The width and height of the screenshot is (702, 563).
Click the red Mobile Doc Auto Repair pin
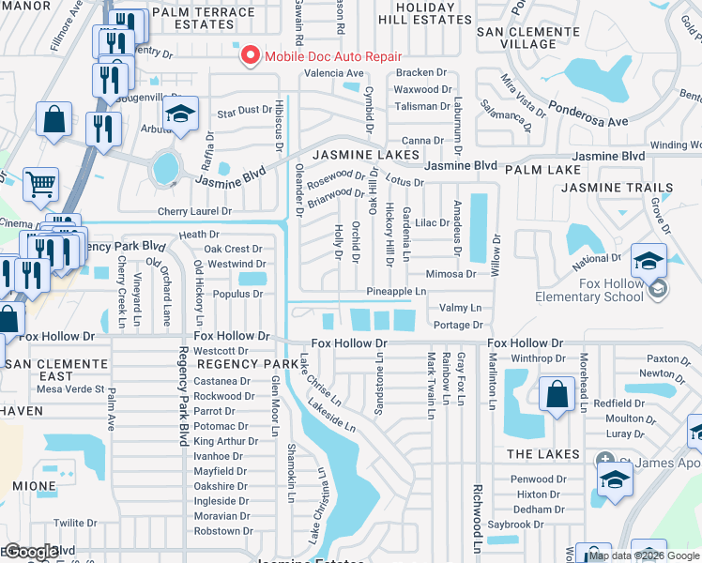(251, 56)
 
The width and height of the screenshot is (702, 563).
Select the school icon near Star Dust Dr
(179, 115)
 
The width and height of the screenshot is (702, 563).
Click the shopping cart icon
(40, 188)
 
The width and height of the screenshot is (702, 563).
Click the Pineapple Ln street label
(396, 292)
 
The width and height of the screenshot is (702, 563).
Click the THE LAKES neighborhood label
(539, 454)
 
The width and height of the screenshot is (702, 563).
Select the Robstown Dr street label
(217, 531)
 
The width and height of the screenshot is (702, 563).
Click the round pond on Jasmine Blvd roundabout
(166, 170)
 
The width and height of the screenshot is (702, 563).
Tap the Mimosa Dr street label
(451, 274)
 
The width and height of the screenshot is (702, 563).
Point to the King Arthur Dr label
(225, 441)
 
